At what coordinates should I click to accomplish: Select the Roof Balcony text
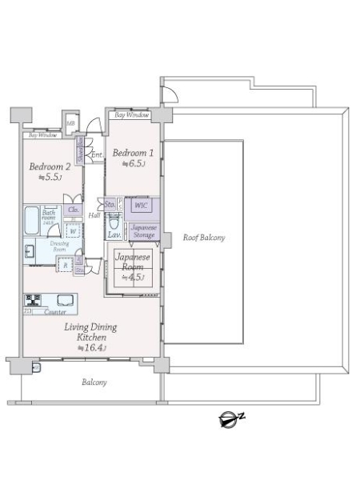[x=203, y=238]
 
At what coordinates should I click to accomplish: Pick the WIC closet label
[x=140, y=205]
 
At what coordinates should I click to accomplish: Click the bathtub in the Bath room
[x=28, y=218]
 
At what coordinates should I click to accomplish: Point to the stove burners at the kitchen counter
[x=34, y=301]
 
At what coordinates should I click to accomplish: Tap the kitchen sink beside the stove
[x=63, y=302]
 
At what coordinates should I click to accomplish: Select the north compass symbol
[x=230, y=417]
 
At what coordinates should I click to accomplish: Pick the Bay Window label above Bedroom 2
[x=42, y=135]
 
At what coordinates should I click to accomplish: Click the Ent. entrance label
[x=96, y=154]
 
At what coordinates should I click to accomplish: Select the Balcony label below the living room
[x=94, y=382]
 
